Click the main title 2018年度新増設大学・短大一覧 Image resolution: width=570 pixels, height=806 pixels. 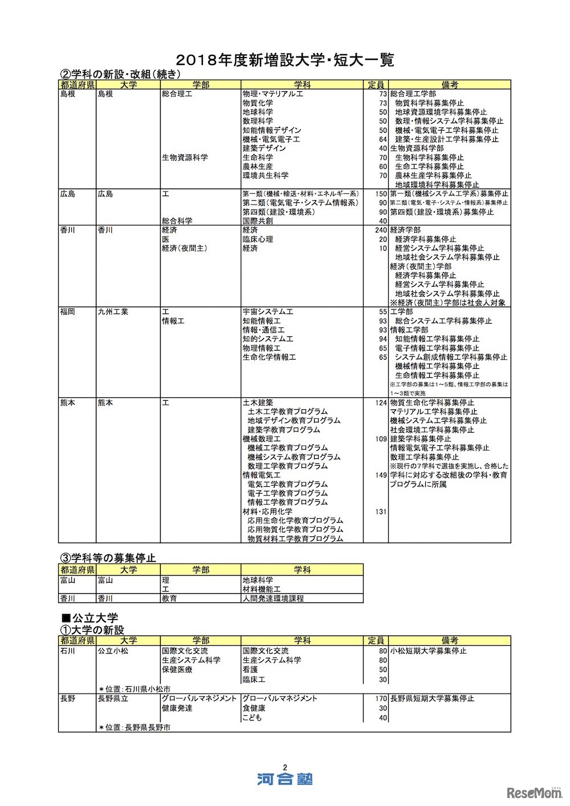[x=285, y=59]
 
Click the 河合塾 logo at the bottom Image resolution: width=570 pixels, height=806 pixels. [x=284, y=779]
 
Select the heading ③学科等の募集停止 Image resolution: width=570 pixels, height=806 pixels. [x=108, y=557]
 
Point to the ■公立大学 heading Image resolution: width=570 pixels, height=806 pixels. [x=89, y=618]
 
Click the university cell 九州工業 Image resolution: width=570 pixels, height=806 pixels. [x=113, y=312]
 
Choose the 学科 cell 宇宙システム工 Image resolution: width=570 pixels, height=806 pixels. [x=268, y=312]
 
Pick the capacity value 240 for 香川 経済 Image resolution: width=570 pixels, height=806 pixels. [x=381, y=230]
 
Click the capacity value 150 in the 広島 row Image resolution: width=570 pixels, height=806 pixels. [x=381, y=194]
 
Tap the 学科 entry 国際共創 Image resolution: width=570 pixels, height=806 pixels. [x=258, y=221]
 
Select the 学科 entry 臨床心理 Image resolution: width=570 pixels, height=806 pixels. [x=258, y=239]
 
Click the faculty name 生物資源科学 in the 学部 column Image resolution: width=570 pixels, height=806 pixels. [x=185, y=157]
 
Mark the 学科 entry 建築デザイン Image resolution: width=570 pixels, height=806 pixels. [x=264, y=148]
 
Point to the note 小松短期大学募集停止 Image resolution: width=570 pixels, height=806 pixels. [x=428, y=651]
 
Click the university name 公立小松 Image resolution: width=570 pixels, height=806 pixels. [x=113, y=651]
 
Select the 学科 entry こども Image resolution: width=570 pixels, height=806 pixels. [x=252, y=718]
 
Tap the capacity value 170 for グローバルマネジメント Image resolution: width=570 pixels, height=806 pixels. [x=381, y=698]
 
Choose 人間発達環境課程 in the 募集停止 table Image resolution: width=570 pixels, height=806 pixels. [x=273, y=599]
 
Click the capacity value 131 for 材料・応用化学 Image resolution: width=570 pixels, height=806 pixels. [x=381, y=512]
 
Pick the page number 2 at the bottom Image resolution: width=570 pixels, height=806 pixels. [x=284, y=767]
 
